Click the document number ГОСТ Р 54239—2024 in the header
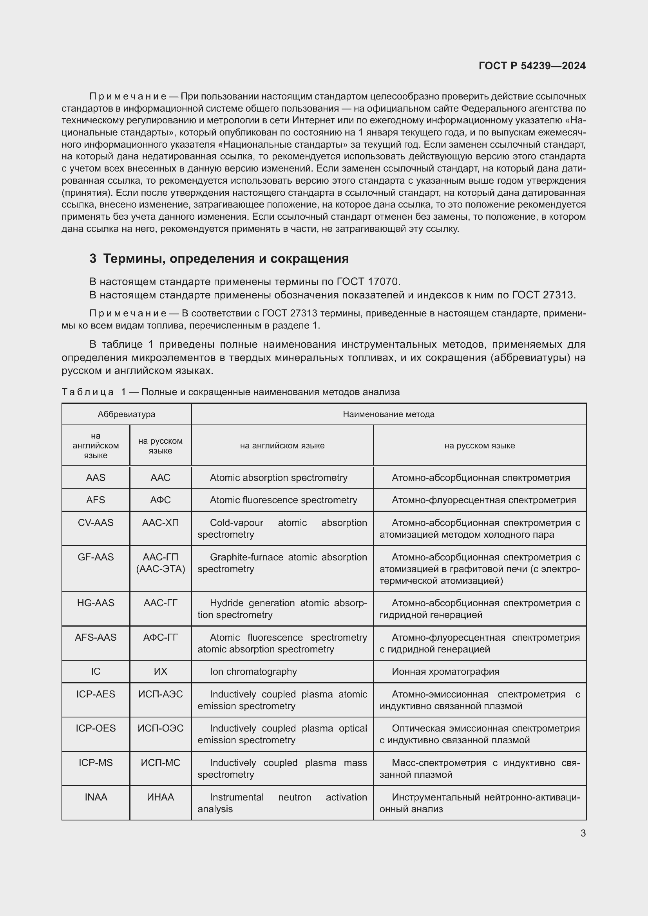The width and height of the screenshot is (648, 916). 532,66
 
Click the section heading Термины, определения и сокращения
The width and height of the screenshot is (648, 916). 225,258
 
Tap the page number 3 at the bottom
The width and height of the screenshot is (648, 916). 583,833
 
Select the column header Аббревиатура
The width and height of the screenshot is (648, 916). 127,414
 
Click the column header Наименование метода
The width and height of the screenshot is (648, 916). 388,414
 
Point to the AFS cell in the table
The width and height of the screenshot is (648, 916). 96,500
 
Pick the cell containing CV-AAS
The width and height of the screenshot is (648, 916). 96,523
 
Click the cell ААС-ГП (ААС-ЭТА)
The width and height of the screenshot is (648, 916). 160,563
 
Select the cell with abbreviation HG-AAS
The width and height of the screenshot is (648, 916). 96,603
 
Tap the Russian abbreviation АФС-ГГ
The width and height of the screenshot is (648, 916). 160,637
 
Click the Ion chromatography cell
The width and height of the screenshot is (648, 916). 253,672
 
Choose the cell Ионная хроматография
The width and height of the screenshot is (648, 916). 445,672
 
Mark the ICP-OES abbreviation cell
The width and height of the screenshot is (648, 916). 96,728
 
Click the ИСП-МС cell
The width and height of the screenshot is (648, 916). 160,762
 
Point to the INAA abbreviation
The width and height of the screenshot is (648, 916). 96,797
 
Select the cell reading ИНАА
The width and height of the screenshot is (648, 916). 160,797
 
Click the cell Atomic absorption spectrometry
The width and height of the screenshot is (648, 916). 279,477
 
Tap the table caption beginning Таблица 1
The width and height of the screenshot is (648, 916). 230,392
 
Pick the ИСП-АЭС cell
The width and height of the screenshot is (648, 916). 160,694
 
